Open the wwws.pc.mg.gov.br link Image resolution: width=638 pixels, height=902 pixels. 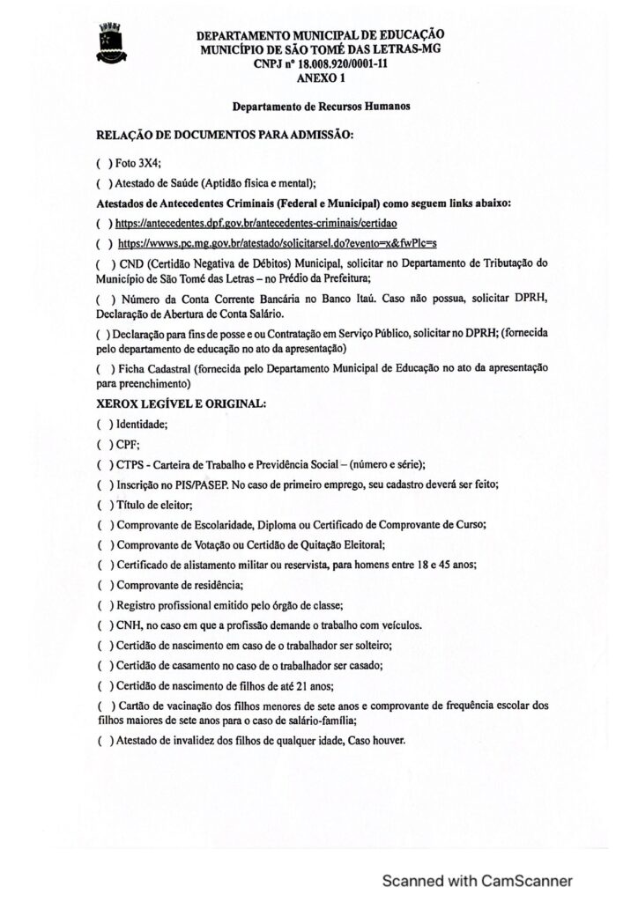point(278,241)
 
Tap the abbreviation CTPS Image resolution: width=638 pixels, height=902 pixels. point(130,464)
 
